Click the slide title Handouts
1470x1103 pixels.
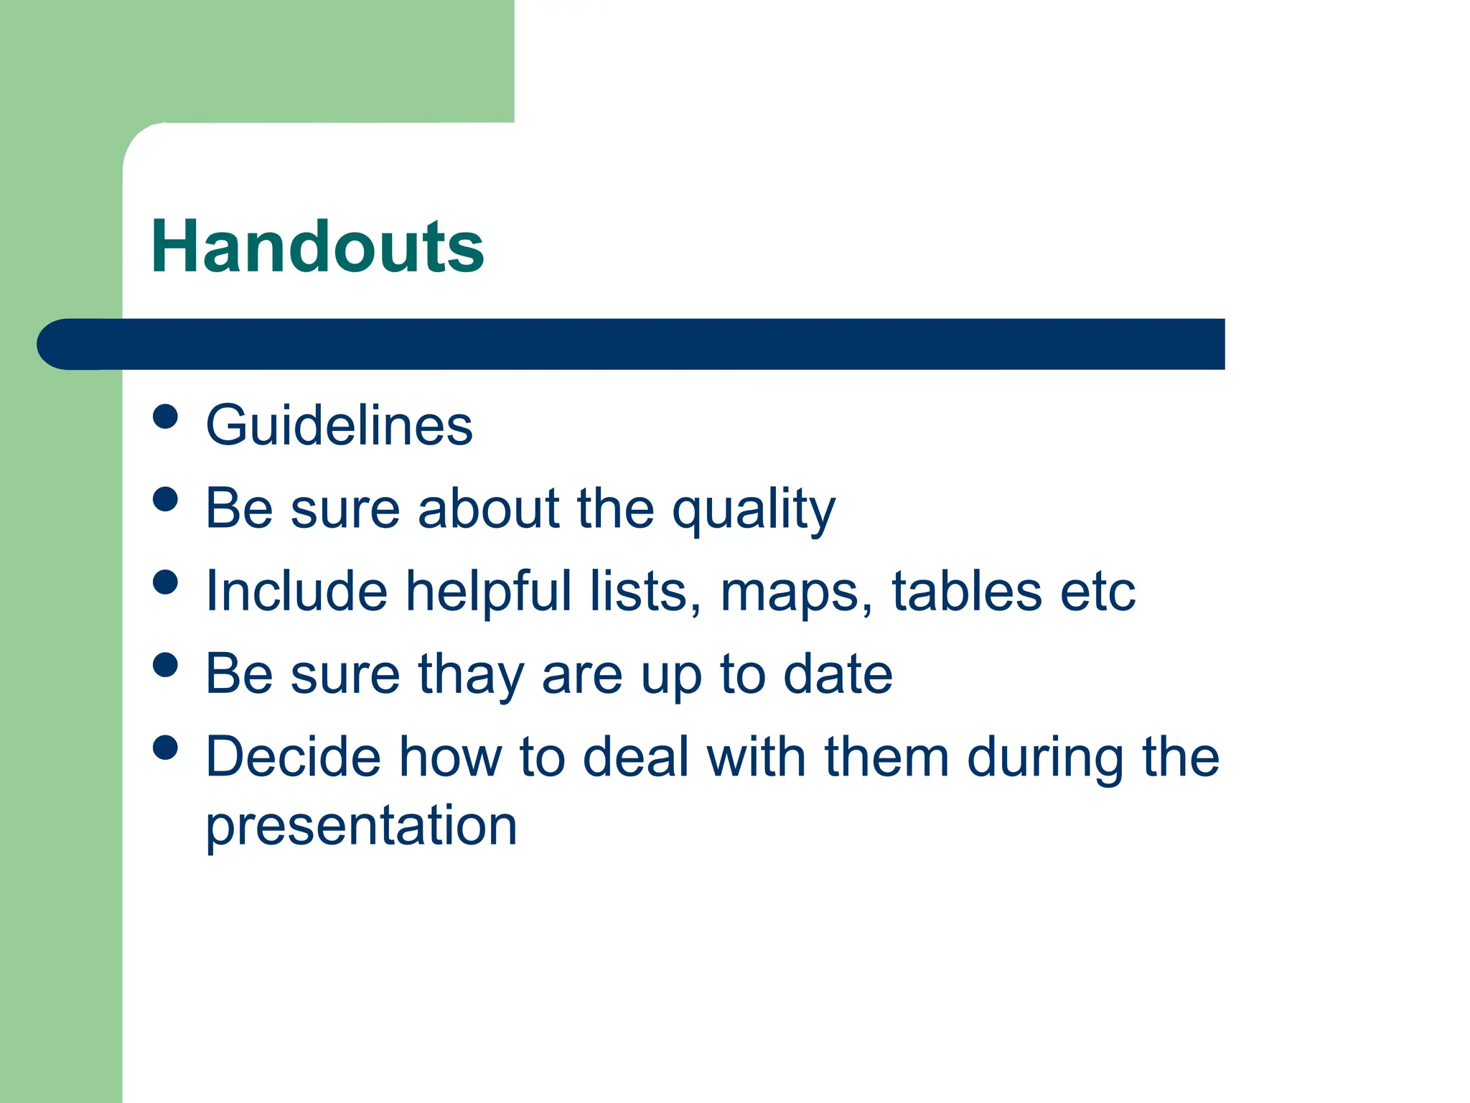pyautogui.click(x=317, y=248)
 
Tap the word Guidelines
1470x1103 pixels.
pyautogui.click(x=339, y=426)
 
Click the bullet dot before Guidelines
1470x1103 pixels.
pyautogui.click(x=166, y=416)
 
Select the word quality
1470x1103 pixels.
pyautogui.click(x=754, y=510)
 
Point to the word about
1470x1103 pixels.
pyautogui.click(x=488, y=508)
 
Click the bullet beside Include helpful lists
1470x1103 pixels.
pyautogui.click(x=166, y=582)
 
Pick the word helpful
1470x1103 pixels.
pyautogui.click(x=488, y=591)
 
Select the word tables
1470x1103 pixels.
pyautogui.click(x=966, y=591)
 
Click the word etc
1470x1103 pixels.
pyautogui.click(x=1098, y=592)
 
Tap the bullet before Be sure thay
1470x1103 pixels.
pyautogui.click(x=166, y=664)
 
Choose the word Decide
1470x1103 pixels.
pyautogui.click(x=293, y=757)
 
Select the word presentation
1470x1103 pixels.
pyautogui.click(x=361, y=826)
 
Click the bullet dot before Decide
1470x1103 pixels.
pyautogui.click(x=166, y=748)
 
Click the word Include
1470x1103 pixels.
pyautogui.click(x=296, y=591)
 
